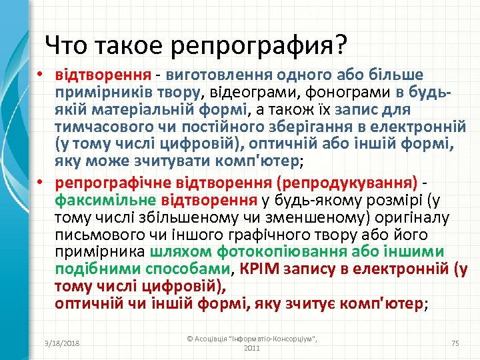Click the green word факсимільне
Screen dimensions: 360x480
(105, 199)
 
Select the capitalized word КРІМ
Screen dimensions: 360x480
(258, 269)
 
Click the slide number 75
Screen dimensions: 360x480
(456, 343)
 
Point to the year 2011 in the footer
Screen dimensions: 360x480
(252, 348)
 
